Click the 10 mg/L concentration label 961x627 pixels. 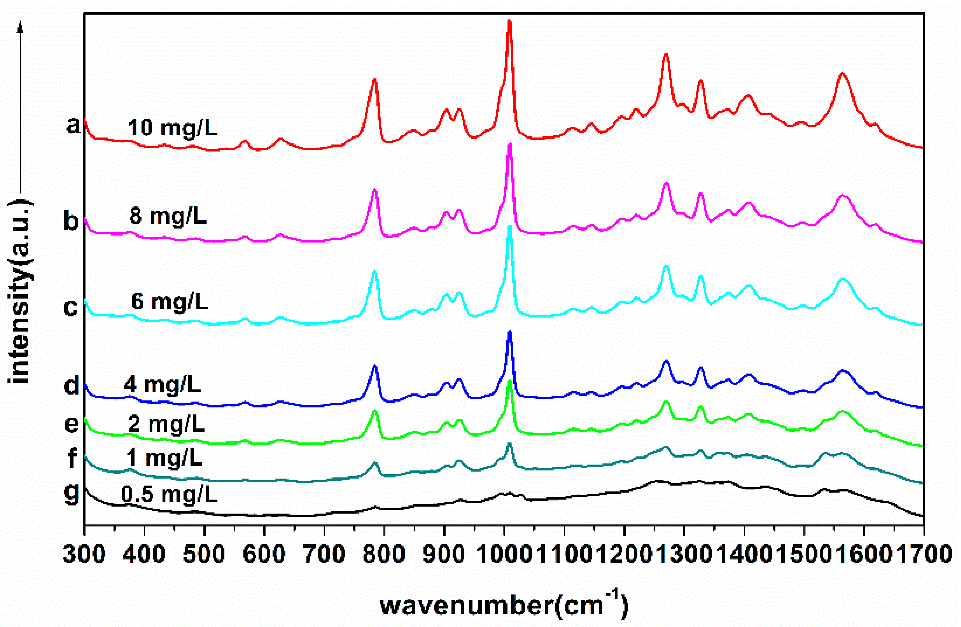coord(172,128)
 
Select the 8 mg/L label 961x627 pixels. coord(168,217)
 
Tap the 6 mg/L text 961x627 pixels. coord(170,302)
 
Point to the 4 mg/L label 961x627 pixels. coord(162,385)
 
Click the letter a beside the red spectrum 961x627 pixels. coord(73,125)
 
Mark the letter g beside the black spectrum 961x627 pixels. coord(72,494)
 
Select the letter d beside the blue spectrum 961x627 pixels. coord(72,386)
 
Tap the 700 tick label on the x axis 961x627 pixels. coord(324,554)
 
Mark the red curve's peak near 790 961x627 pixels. coord(375,80)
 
